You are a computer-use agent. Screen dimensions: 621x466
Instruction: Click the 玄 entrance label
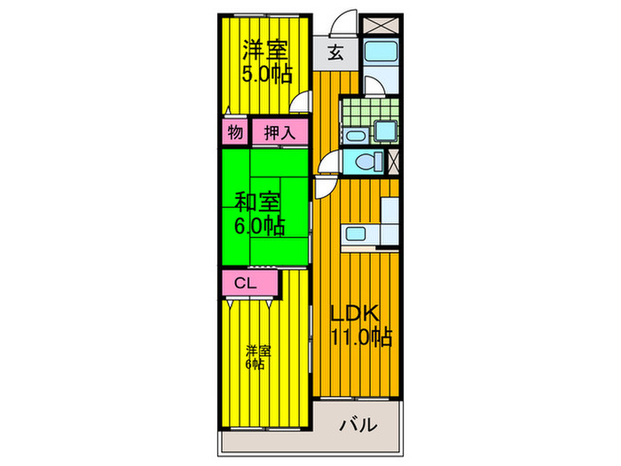tap(335, 52)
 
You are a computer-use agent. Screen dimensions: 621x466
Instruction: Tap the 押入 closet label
tap(279, 132)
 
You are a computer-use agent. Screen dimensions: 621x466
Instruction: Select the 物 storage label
tap(235, 132)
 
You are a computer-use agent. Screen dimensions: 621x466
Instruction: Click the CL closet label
tap(246, 283)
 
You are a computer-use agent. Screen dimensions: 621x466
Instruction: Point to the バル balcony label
tap(358, 425)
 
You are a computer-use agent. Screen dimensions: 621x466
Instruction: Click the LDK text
tap(355, 313)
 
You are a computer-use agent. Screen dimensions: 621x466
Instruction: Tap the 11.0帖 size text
tap(361, 337)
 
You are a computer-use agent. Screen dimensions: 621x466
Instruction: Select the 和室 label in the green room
tap(257, 201)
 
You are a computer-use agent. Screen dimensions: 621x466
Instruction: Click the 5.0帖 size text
tap(267, 74)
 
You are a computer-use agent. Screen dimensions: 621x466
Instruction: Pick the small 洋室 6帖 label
tap(258, 358)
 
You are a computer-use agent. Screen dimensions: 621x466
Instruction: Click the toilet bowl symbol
tap(366, 162)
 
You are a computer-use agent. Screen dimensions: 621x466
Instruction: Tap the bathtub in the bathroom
tap(381, 51)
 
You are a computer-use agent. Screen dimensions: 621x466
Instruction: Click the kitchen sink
tap(356, 233)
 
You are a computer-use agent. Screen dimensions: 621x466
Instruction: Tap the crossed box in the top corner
tap(381, 25)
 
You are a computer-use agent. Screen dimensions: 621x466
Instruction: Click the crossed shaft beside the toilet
tap(392, 162)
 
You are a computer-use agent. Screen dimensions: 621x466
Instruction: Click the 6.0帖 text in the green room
tap(259, 225)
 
